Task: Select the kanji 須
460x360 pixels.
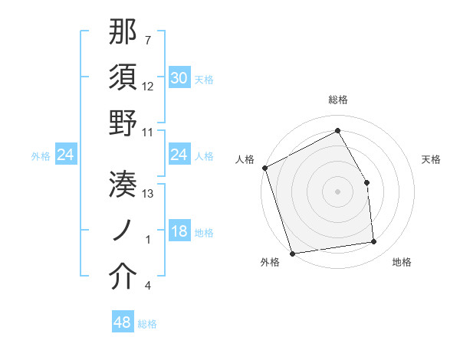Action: pos(123,77)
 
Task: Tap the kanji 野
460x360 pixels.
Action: pos(123,123)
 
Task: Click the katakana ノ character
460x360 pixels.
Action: pos(123,229)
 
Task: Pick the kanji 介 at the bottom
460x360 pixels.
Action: pos(123,276)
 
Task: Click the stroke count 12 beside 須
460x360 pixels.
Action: pos(148,86)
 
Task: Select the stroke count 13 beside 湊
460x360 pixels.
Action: pos(148,193)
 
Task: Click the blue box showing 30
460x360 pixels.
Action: pos(179,78)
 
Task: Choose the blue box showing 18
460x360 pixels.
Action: pos(179,232)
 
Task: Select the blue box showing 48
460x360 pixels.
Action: pos(122,322)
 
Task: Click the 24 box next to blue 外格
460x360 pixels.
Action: pos(65,155)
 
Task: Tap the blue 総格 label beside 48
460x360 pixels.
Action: pos(147,324)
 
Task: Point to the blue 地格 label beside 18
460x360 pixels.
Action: pos(204,233)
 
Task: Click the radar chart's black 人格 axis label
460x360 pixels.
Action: pos(245,159)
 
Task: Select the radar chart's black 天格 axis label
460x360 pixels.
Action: pos(432,159)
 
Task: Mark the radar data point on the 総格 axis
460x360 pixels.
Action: pos(337,131)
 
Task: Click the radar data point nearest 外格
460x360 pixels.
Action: pos(292,253)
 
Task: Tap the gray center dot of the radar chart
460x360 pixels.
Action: pos(337,191)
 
